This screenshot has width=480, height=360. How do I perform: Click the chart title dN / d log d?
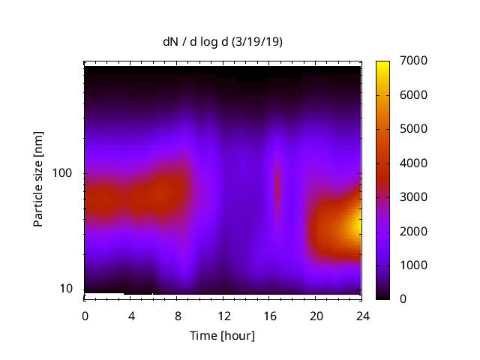coord(196,42)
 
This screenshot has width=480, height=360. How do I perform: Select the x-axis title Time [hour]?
coord(222,335)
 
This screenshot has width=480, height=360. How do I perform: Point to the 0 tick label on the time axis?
coord(85,315)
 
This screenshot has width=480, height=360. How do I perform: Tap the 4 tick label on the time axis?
coord(131,315)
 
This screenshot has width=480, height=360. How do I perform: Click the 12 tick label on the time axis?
coord(223,315)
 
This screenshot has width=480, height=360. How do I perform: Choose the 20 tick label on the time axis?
coord(316,315)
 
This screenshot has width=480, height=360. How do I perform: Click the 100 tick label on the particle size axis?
coord(61,173)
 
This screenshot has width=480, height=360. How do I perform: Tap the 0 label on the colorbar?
coord(404,298)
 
